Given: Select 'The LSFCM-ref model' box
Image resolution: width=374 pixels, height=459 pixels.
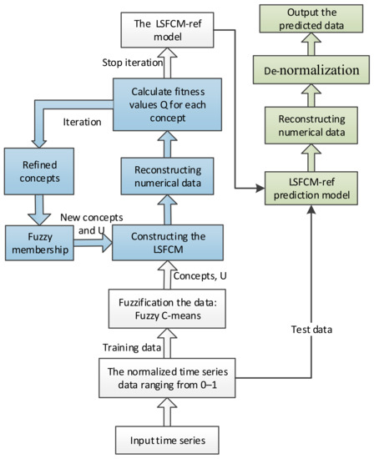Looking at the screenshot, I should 165,32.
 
